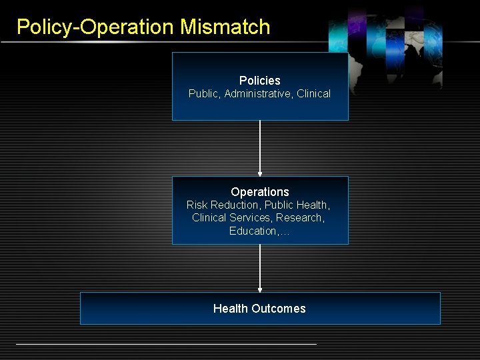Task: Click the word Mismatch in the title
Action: (x=225, y=27)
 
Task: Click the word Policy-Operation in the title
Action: (x=95, y=27)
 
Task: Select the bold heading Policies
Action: (x=260, y=81)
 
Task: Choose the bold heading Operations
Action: (x=260, y=192)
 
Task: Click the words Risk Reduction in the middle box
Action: (x=224, y=205)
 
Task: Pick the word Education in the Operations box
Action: (x=254, y=231)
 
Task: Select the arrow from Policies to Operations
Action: (x=260, y=147)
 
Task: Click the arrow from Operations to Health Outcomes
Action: (x=260, y=267)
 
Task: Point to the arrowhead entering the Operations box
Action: (x=260, y=173)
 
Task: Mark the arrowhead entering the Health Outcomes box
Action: (x=260, y=289)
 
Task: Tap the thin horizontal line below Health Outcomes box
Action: (x=166, y=344)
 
